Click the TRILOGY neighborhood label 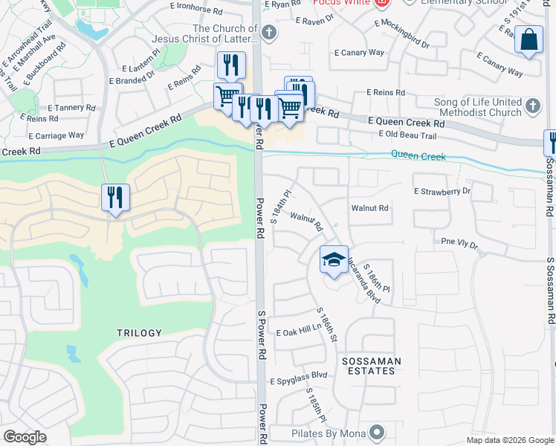[x=138, y=333]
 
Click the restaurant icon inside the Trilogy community [x=115, y=198]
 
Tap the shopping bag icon [x=528, y=40]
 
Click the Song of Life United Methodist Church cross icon [x=532, y=107]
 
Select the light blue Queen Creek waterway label [x=418, y=157]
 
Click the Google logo [x=25, y=437]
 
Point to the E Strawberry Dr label [x=443, y=191]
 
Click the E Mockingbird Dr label [x=402, y=34]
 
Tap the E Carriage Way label [x=56, y=136]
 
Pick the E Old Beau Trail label [x=407, y=134]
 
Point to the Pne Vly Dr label [x=459, y=242]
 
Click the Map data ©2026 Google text [x=510, y=440]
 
